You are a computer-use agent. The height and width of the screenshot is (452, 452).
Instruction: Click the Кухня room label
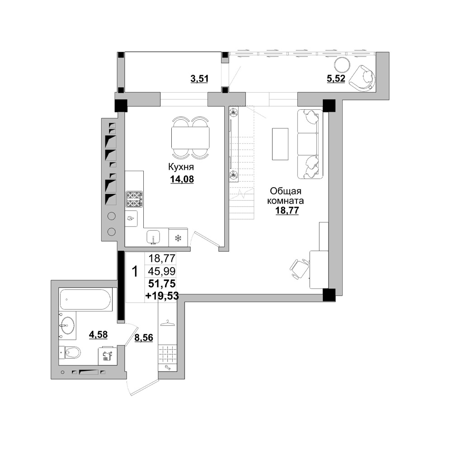[181, 167]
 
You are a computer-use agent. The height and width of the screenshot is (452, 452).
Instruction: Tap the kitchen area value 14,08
[182, 179]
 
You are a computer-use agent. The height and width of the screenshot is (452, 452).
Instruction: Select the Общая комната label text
[286, 195]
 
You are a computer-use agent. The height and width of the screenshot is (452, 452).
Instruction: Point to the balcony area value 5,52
[336, 78]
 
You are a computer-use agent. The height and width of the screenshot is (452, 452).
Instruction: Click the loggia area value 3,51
[199, 78]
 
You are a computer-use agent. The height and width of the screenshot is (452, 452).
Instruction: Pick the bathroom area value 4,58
[99, 334]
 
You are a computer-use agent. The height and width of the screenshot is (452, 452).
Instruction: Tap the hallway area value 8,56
[144, 337]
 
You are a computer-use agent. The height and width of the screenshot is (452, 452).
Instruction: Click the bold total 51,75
[162, 284]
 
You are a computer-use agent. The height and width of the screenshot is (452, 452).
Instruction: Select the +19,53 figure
[162, 296]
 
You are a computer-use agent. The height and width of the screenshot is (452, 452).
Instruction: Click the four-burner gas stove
[134, 199]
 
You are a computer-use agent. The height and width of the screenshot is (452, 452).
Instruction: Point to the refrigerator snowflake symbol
[178, 238]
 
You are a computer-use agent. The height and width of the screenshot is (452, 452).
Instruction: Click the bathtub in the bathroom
[85, 299]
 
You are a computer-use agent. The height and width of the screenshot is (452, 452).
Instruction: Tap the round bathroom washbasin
[67, 326]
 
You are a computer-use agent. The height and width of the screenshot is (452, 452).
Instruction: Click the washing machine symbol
[107, 356]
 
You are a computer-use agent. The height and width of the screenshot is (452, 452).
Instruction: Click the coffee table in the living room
[280, 144]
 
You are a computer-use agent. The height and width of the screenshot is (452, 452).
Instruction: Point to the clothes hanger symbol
[168, 323]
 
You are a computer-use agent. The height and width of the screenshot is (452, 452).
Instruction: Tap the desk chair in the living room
[299, 268]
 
